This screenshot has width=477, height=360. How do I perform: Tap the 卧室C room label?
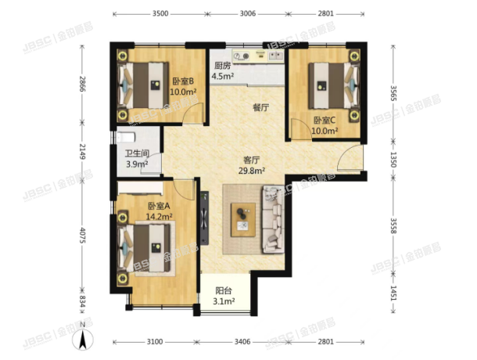pos(324,120)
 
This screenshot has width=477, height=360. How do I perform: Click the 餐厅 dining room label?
pos(260,108)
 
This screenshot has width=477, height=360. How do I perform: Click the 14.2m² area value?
pos(160,218)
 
